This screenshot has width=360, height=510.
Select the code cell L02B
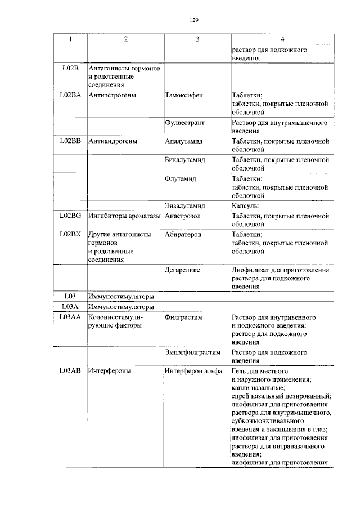[70, 69]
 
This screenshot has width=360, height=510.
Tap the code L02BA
[70, 95]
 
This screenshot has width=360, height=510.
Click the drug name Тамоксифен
[184, 95]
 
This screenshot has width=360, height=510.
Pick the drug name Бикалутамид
[185, 160]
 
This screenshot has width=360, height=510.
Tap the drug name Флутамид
[181, 178]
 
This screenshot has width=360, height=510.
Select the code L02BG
[70, 216]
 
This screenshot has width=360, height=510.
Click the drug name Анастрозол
[183, 216]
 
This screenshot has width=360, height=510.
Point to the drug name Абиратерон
[183, 234]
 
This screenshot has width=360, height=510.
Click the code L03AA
[70, 317]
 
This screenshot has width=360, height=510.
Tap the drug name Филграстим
[183, 317]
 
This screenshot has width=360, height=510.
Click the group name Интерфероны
[110, 371]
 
